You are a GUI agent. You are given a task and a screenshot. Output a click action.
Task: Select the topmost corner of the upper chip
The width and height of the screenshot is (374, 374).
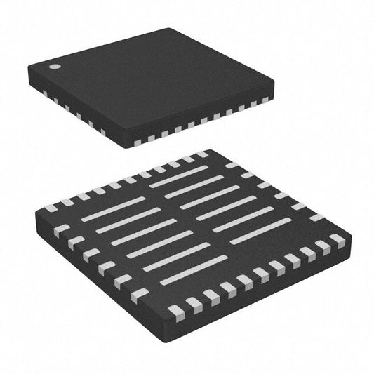[x=169, y=29]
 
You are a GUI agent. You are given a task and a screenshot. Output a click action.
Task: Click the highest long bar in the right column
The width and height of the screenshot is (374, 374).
[x=179, y=175]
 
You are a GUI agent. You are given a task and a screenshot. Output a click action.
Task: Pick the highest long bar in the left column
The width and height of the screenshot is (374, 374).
[x=112, y=208]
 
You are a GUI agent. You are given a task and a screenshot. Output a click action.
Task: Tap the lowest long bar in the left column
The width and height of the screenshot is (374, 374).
[x=194, y=269]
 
